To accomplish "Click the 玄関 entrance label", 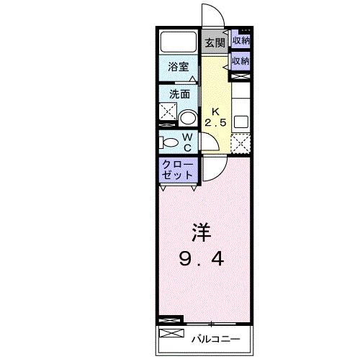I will coord(214,42).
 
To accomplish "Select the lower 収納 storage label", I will coord(240,61).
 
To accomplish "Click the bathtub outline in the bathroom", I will coord(179,41).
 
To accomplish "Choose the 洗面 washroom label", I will coord(179,94).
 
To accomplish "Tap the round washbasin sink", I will coord(188,118).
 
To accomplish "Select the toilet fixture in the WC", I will coord(167,142).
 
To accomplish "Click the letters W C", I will coord(186,142).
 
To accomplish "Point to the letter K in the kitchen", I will coord(214,112).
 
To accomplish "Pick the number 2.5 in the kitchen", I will coord(215,123).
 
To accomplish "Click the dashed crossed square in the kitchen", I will coord(240,143).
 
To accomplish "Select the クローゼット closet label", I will coord(177,170).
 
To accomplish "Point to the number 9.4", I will coord(202,258).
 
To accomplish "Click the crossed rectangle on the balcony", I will coord(171,334).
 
